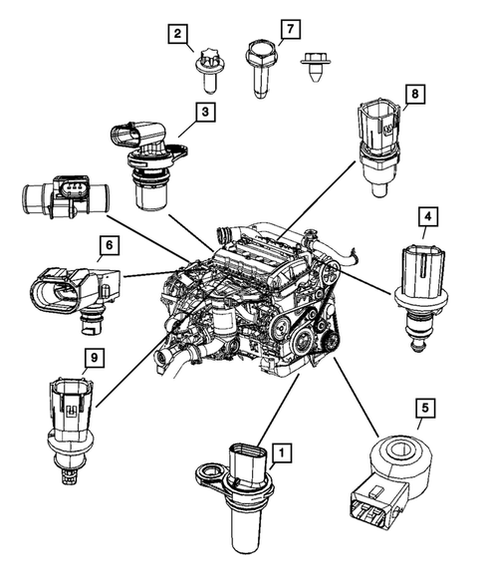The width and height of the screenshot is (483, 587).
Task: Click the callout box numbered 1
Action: (x=282, y=454)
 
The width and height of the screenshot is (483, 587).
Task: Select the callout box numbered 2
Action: (x=178, y=37)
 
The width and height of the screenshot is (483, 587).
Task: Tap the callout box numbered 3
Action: (x=203, y=114)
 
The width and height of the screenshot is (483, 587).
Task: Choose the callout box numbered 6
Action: (x=107, y=244)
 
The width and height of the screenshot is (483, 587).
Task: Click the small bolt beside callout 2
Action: (x=209, y=67)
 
